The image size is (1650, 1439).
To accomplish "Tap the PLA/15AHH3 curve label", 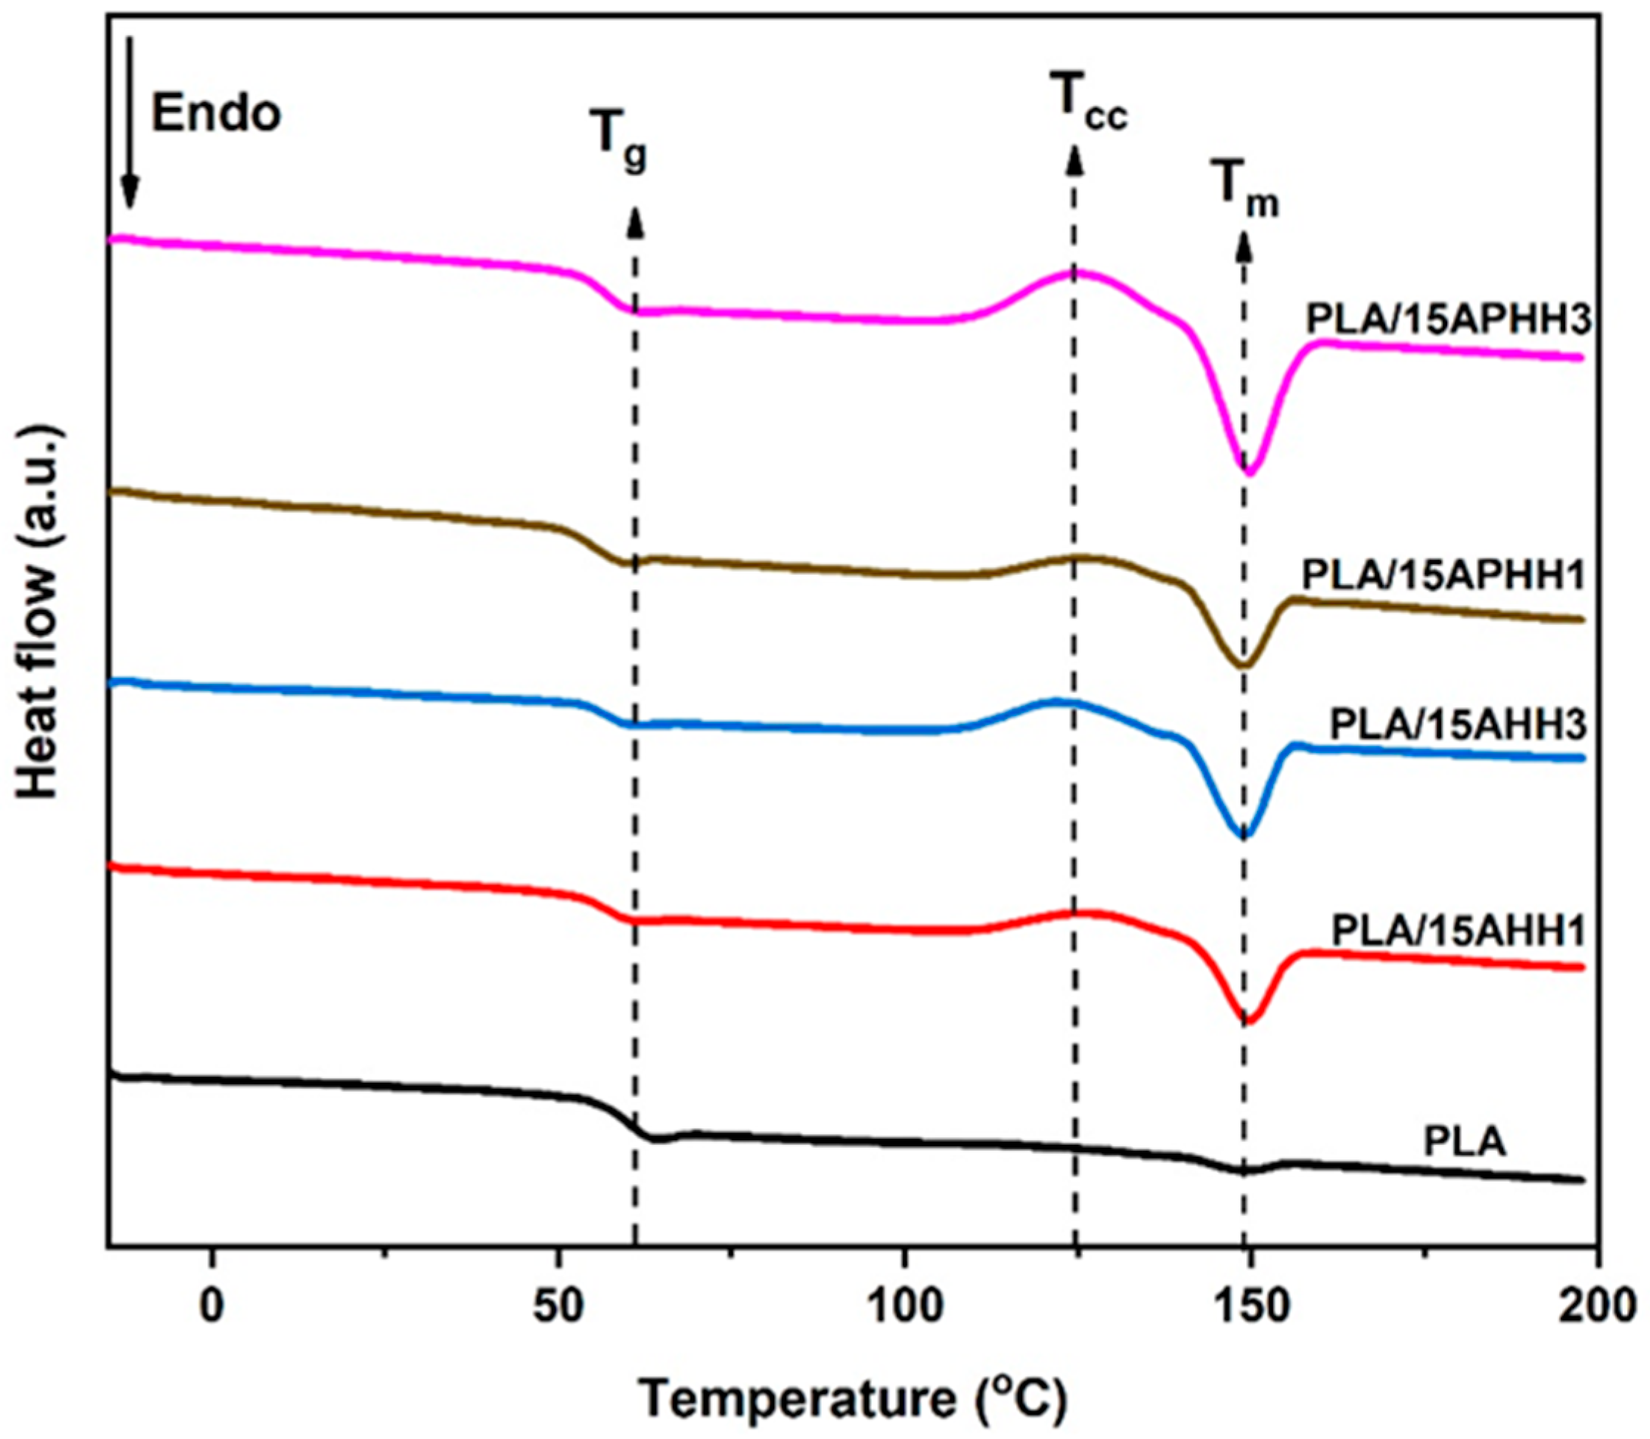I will pyautogui.click(x=1457, y=724).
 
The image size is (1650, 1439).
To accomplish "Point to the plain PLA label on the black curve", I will pyautogui.click(x=1465, y=1141).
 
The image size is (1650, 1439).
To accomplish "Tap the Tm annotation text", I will pyautogui.click(x=1244, y=193).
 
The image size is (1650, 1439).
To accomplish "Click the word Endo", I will pyautogui.click(x=217, y=114).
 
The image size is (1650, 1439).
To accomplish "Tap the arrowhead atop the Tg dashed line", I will pyautogui.click(x=635, y=221).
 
